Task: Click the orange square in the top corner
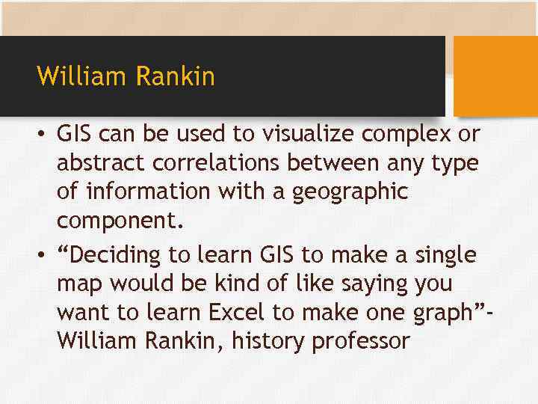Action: pos(496,76)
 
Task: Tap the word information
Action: pos(146,191)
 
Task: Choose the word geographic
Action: pos(351,192)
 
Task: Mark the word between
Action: pos(341,162)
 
